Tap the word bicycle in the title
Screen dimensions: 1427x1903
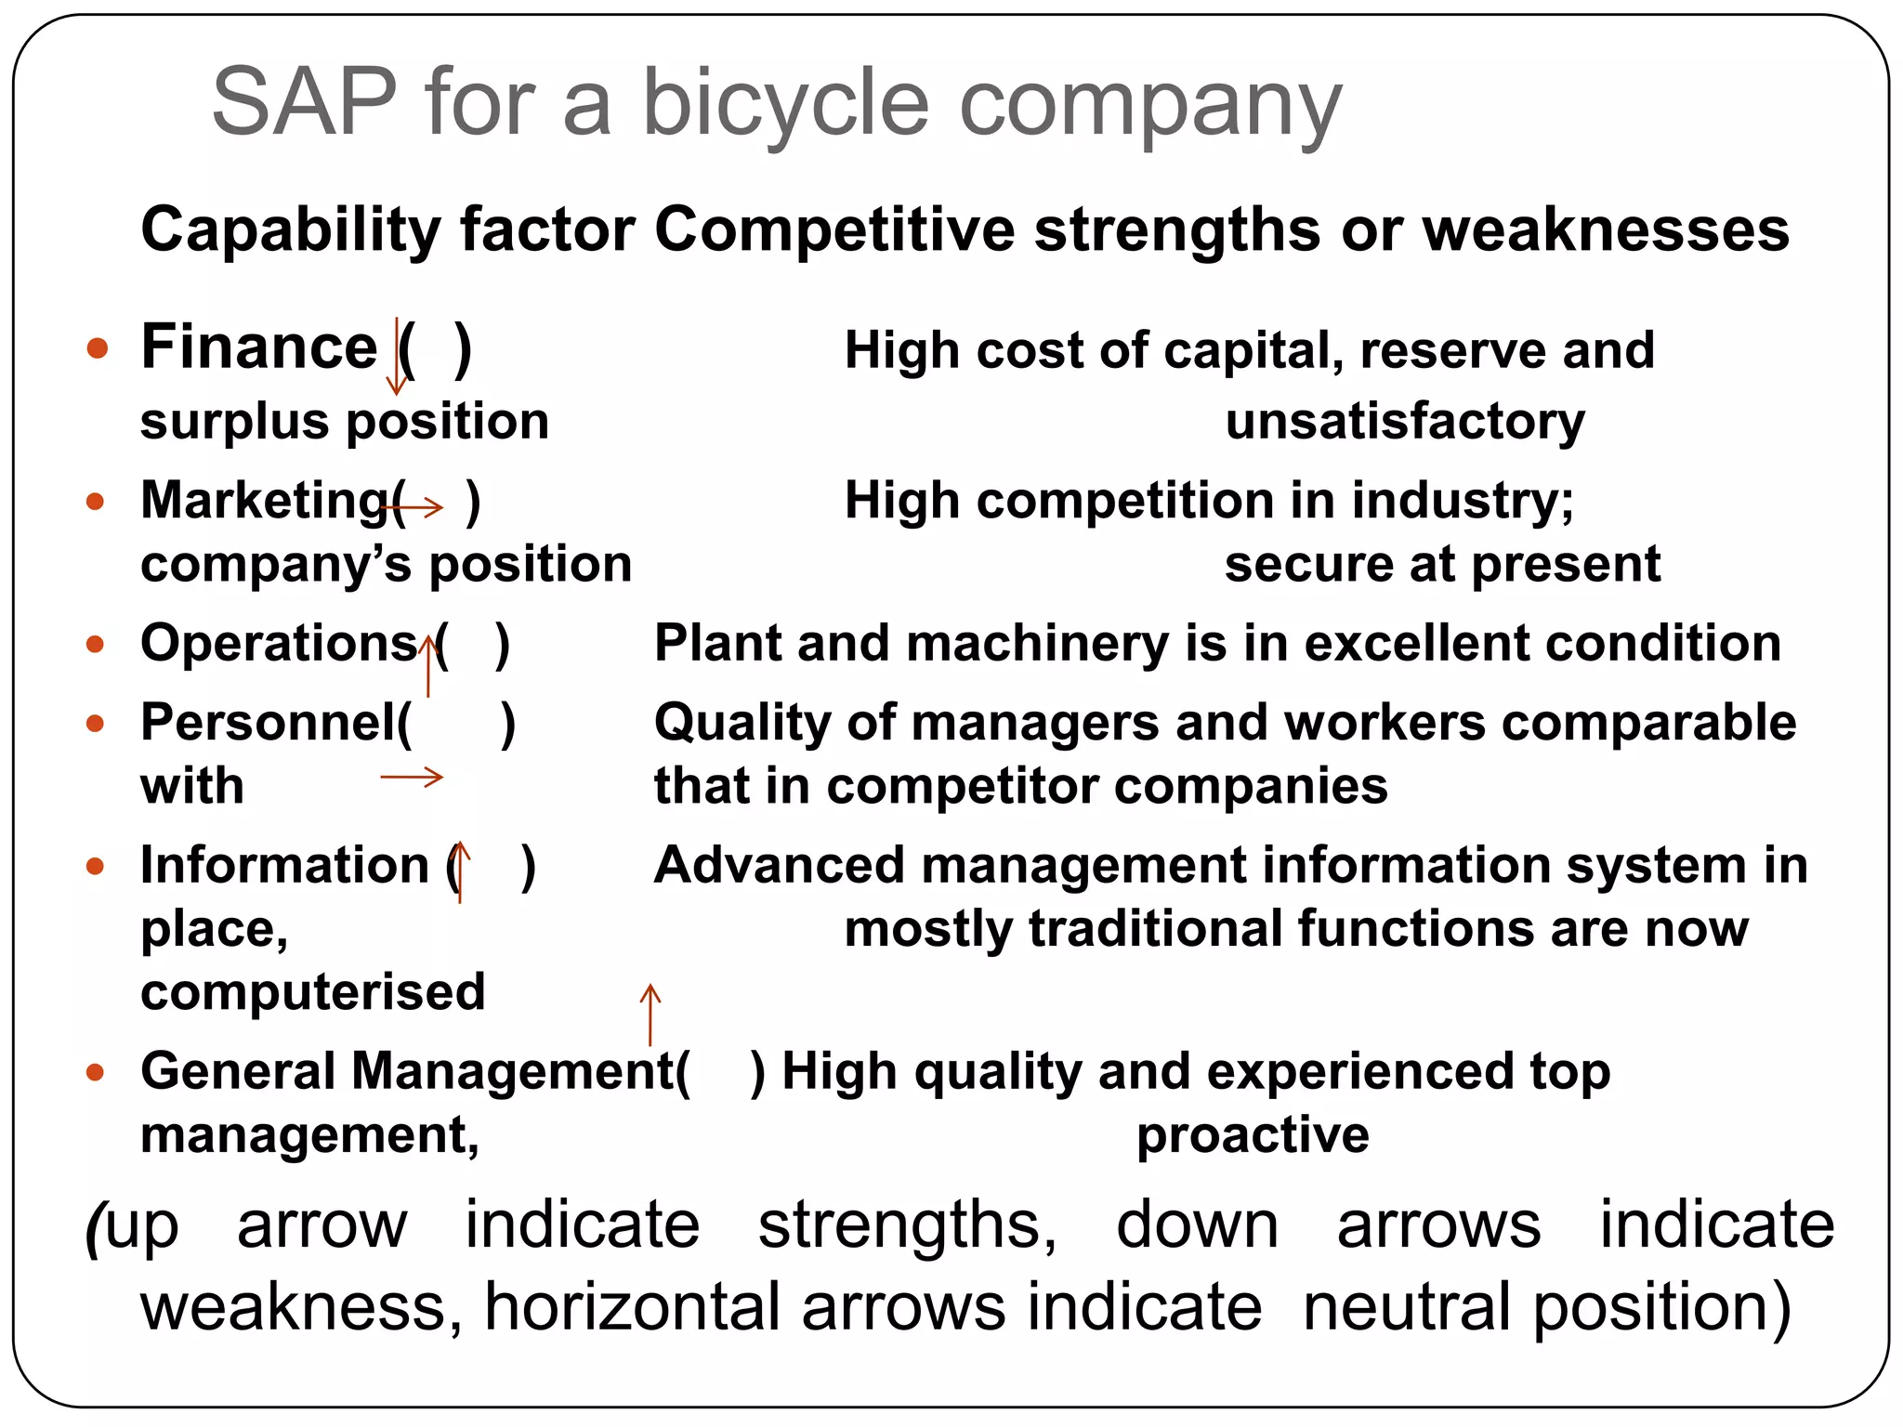785,104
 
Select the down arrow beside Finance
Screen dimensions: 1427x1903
397,356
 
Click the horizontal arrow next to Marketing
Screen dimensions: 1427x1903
412,506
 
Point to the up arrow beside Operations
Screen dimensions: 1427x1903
427,665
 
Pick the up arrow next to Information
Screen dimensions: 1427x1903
460,871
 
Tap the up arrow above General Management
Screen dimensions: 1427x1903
650,1015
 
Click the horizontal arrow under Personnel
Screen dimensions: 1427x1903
412,777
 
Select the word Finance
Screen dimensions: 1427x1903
259,347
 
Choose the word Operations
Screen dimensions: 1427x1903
279,643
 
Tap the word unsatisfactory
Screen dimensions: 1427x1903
1405,422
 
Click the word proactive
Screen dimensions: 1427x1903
1253,1135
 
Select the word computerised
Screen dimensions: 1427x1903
313,992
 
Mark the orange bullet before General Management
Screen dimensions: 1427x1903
95,1073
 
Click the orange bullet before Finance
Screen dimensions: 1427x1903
97,349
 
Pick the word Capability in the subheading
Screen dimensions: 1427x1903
291,230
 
